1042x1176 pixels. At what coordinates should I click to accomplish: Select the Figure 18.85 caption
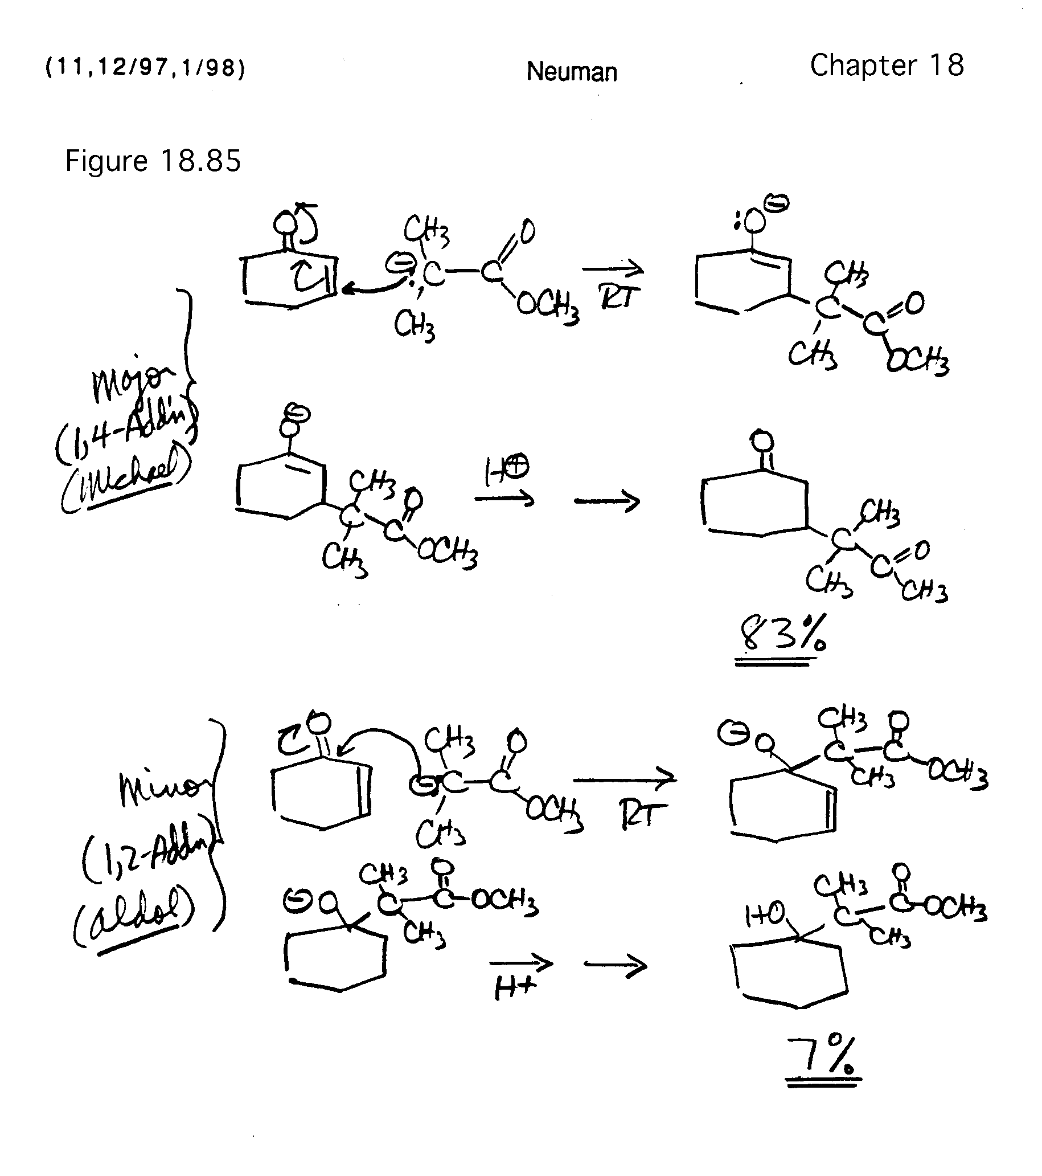(x=153, y=161)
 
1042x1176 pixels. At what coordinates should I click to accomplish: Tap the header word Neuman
(x=572, y=72)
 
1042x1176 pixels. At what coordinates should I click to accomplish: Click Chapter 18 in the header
(x=887, y=66)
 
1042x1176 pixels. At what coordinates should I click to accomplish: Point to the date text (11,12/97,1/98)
(x=145, y=68)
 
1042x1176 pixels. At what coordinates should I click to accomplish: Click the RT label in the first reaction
(x=618, y=297)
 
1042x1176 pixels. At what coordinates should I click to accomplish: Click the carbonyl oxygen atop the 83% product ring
(x=762, y=442)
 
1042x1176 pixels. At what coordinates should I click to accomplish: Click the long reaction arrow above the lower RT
(x=624, y=779)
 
